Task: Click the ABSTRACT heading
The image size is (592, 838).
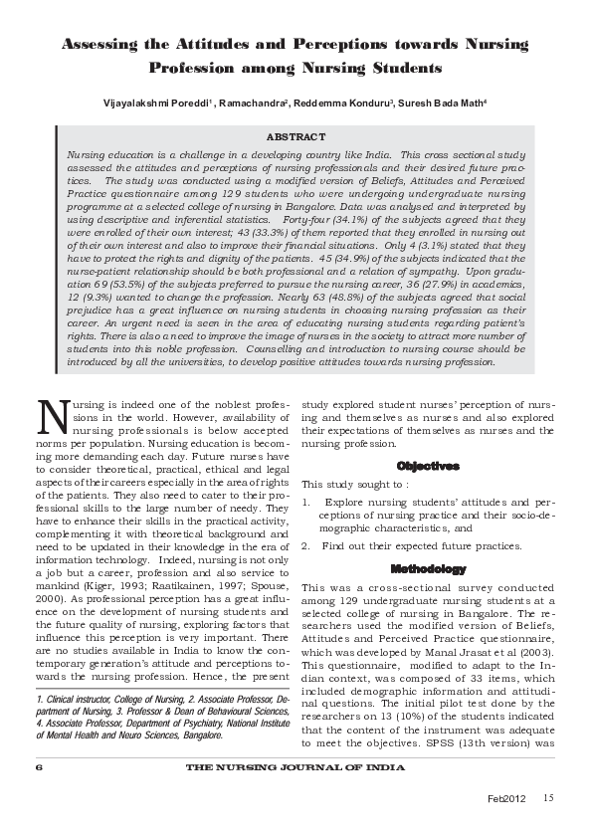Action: (296, 136)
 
